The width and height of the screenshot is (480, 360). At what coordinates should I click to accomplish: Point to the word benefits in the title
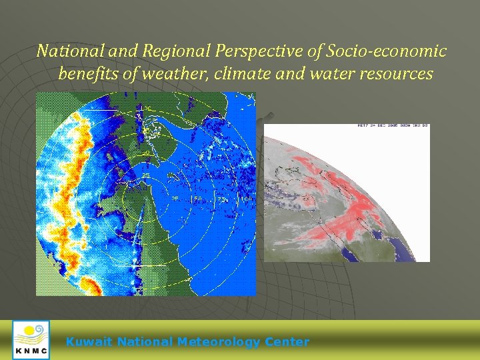point(88,73)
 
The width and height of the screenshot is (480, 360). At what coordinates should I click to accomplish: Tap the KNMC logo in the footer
point(31,340)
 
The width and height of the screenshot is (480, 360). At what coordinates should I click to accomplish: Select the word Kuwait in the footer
point(89,342)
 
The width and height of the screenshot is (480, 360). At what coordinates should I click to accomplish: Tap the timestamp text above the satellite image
point(393,125)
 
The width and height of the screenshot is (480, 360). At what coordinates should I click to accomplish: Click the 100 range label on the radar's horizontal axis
point(246,199)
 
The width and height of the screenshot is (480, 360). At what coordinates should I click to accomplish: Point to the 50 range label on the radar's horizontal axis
point(198,199)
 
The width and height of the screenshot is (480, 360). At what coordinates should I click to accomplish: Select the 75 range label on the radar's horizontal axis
point(222,199)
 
